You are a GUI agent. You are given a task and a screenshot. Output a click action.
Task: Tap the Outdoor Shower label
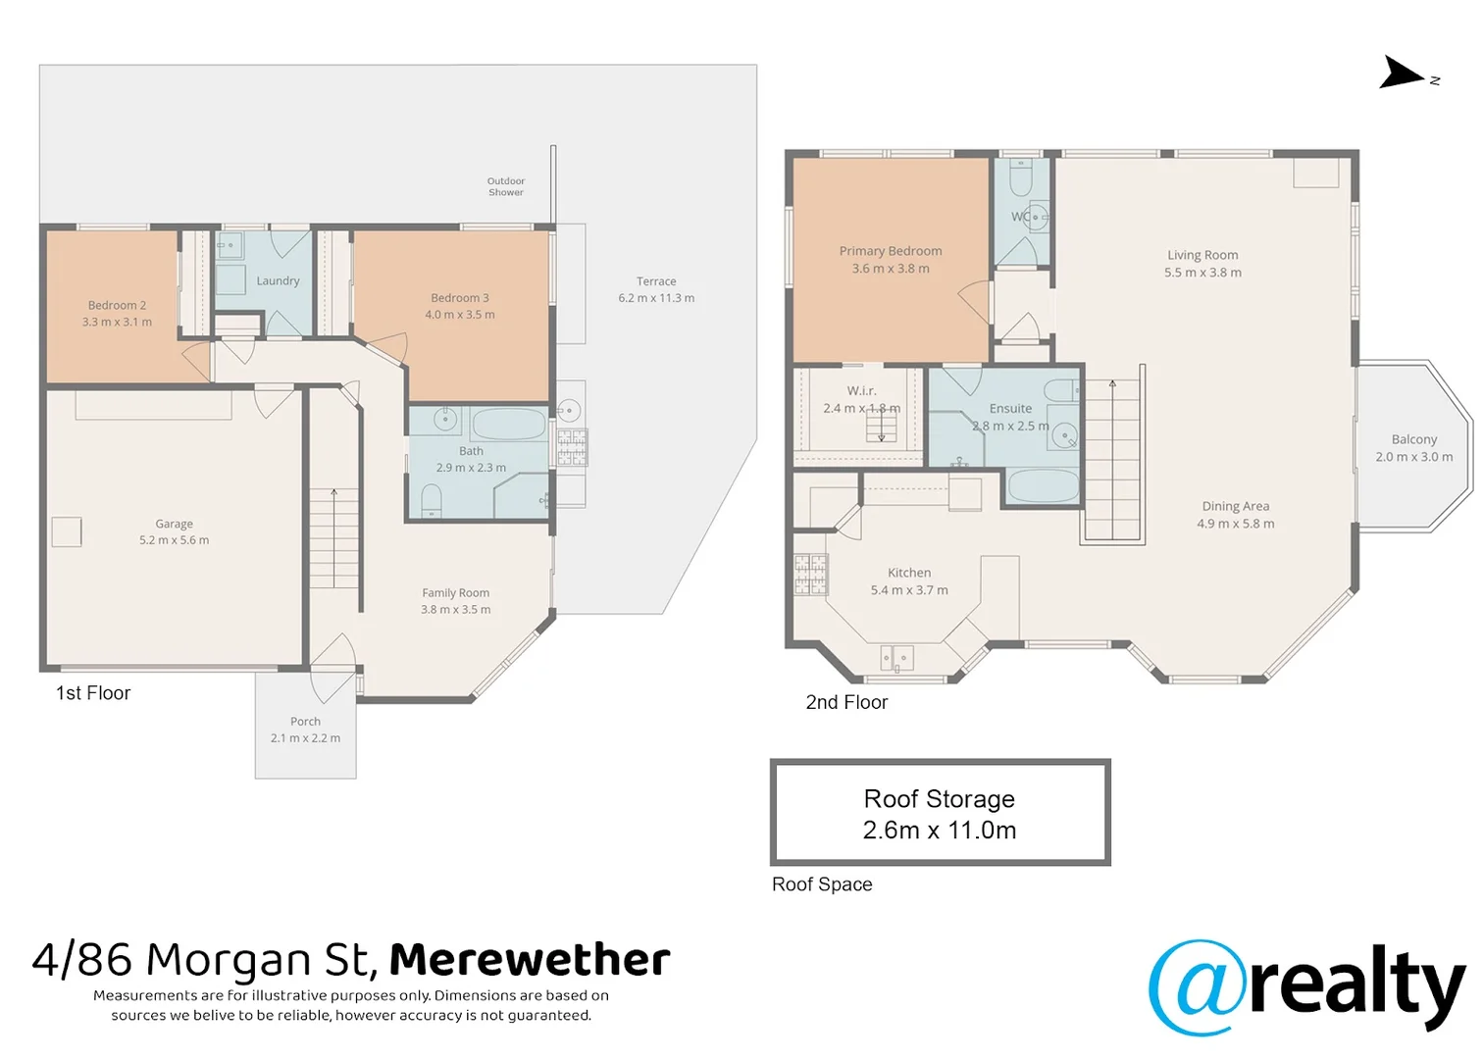click(506, 186)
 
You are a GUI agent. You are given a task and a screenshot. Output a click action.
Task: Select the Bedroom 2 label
click(117, 305)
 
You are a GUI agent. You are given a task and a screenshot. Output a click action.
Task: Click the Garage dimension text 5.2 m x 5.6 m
click(175, 540)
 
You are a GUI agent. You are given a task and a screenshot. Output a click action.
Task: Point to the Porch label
click(305, 722)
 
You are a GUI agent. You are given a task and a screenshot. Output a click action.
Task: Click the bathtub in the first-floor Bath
click(509, 425)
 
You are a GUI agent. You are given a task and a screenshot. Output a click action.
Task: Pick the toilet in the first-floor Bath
click(432, 501)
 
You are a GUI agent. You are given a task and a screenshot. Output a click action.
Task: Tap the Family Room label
click(456, 593)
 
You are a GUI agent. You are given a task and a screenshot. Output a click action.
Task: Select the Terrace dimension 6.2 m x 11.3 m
click(657, 298)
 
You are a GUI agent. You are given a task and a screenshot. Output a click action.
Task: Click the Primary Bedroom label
click(891, 251)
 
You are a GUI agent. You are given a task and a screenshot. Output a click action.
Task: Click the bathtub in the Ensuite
click(1043, 486)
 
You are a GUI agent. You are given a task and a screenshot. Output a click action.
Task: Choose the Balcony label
click(1414, 439)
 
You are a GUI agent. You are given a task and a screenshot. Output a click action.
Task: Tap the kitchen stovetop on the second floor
click(811, 574)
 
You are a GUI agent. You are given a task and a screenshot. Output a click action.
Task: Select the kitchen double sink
click(897, 658)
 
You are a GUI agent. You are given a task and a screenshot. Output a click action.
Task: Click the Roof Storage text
click(940, 799)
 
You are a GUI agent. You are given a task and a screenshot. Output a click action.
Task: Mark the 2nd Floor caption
click(846, 702)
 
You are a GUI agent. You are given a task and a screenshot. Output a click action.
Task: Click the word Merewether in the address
click(530, 960)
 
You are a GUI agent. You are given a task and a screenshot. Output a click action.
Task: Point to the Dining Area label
click(1236, 506)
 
